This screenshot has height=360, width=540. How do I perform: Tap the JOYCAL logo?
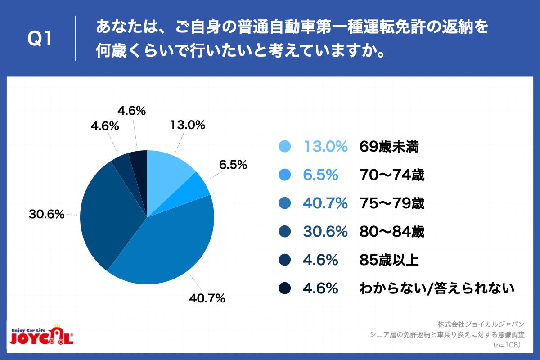(x=41, y=336)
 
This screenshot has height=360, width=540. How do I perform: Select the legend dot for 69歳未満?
(x=285, y=147)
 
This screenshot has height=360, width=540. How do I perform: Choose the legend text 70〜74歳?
(x=392, y=175)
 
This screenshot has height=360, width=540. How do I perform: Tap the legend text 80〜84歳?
(x=392, y=232)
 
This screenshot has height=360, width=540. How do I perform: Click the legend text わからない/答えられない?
(x=436, y=288)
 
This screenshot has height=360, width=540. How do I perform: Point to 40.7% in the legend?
(x=325, y=203)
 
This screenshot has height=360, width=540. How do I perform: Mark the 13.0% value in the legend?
(x=325, y=147)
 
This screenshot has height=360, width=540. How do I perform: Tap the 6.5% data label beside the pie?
(x=233, y=165)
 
